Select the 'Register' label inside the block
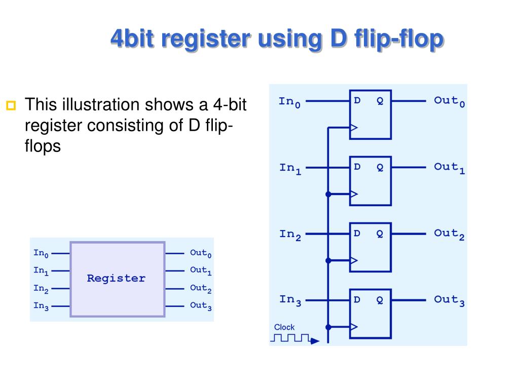pos(116,278)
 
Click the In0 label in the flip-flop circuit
pos(290,102)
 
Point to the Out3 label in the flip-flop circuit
pos(449,300)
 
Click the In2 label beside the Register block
pos(41,289)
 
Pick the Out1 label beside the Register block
pos(200,270)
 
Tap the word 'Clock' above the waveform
pos(284,327)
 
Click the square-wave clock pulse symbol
pos(290,338)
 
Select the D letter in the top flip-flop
pos(357,101)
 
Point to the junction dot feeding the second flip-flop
pos(328,194)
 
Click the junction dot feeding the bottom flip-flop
pos(328,327)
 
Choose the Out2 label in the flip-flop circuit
pos(449,234)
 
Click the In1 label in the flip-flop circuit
pos(290,168)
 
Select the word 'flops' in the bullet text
pos(43,146)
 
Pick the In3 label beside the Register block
pos(41,306)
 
